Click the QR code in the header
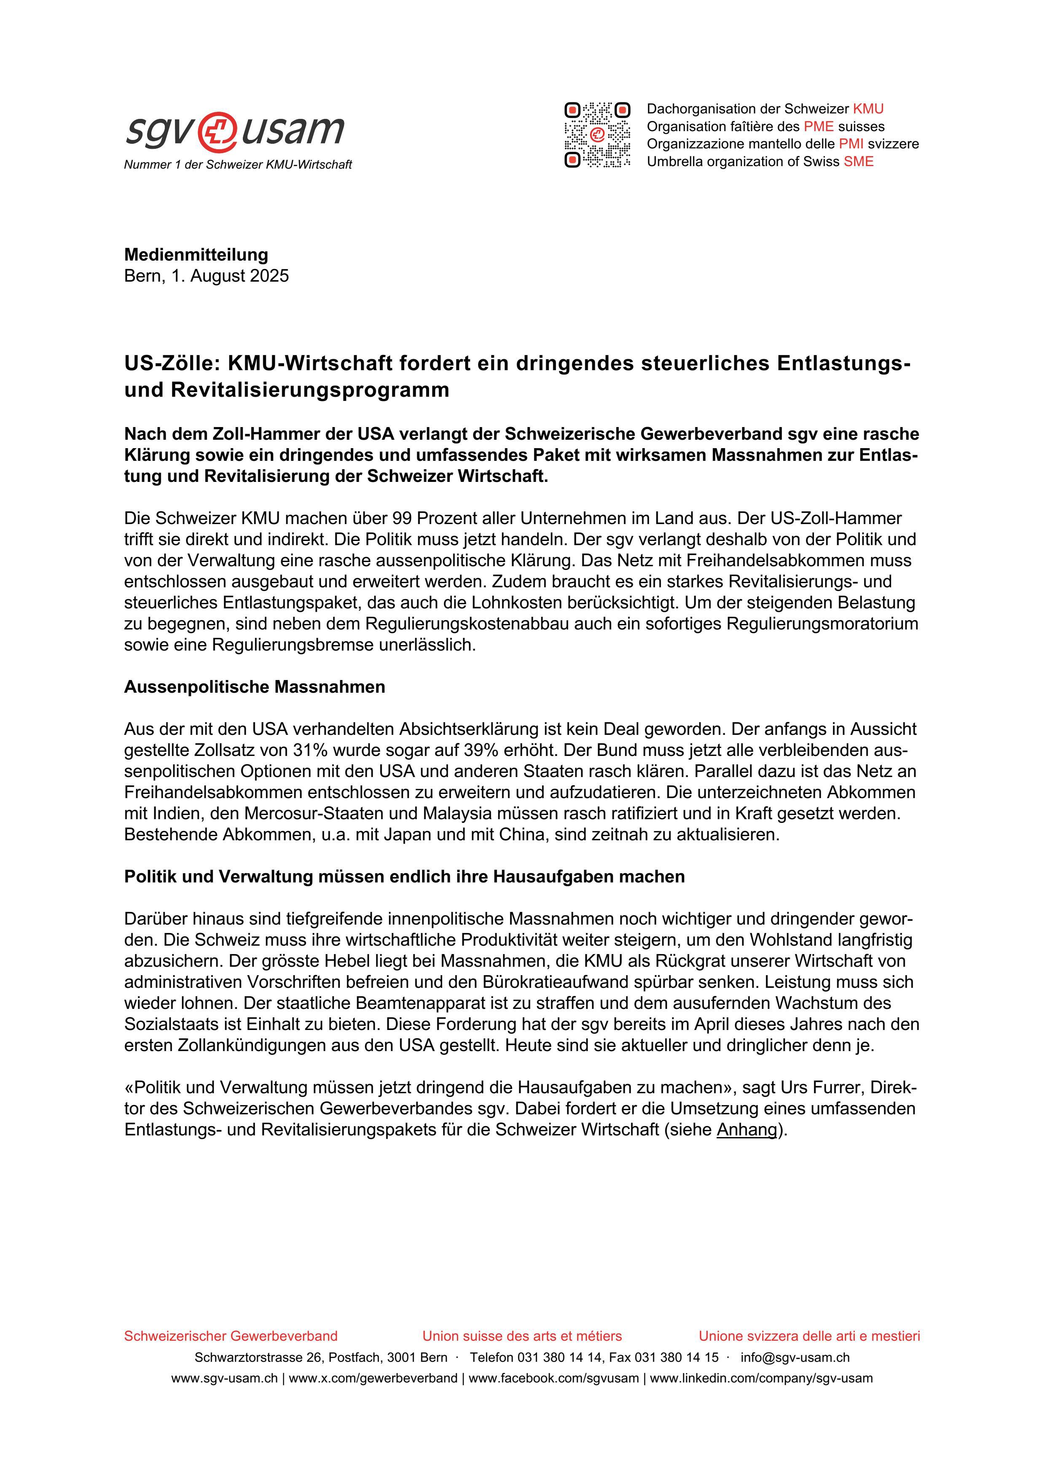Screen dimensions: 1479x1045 tap(597, 134)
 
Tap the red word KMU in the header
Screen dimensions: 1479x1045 tap(868, 109)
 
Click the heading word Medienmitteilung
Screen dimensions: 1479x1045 tap(196, 255)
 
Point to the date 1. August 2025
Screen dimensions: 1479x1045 tap(230, 276)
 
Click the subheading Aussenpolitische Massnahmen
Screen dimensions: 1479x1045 tap(254, 687)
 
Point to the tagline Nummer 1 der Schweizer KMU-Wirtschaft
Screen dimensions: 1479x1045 tap(238, 165)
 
